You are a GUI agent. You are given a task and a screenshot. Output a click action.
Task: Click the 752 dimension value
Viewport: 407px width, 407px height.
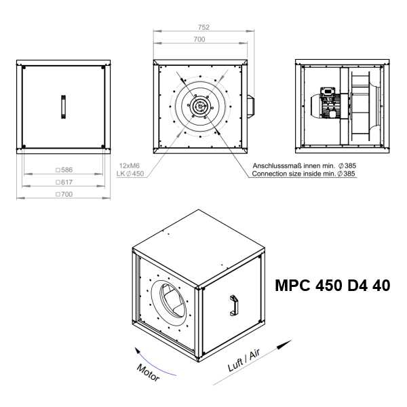(x=203, y=27)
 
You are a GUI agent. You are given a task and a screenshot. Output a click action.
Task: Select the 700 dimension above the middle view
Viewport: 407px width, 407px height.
(x=199, y=39)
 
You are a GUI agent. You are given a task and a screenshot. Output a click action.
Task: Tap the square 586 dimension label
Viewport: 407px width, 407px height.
(x=64, y=170)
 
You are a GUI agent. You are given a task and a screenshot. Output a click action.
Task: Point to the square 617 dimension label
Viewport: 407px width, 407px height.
(x=64, y=182)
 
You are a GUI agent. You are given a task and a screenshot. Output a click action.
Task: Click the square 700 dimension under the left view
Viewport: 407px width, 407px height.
(x=64, y=194)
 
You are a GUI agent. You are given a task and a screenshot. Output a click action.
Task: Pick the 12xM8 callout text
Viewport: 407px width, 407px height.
(x=130, y=166)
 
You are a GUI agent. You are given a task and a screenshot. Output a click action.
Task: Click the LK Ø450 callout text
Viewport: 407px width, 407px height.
(x=130, y=174)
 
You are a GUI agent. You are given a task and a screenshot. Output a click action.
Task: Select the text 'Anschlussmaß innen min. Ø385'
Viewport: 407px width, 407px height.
(x=304, y=166)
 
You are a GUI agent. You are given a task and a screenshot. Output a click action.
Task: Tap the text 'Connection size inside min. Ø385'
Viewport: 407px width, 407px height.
(x=303, y=174)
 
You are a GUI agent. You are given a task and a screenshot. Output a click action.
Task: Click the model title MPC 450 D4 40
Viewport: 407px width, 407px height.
(x=332, y=286)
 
